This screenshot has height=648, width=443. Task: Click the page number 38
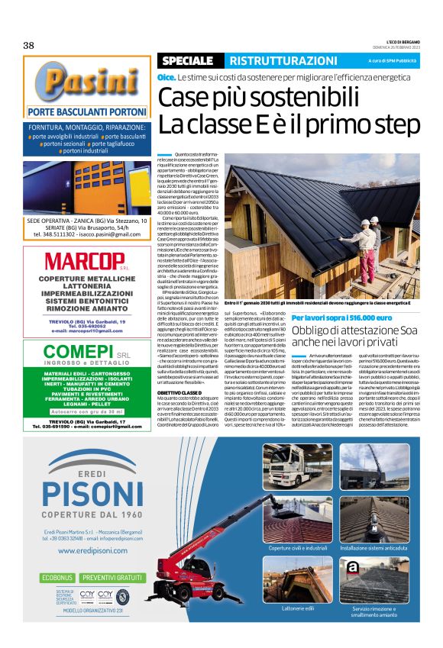coord(29,45)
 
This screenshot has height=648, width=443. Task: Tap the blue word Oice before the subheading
coord(166,78)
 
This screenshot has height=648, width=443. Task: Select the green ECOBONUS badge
coord(58,578)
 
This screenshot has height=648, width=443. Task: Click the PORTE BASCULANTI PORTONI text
coord(86,111)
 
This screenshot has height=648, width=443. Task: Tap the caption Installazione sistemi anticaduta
coord(375,548)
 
